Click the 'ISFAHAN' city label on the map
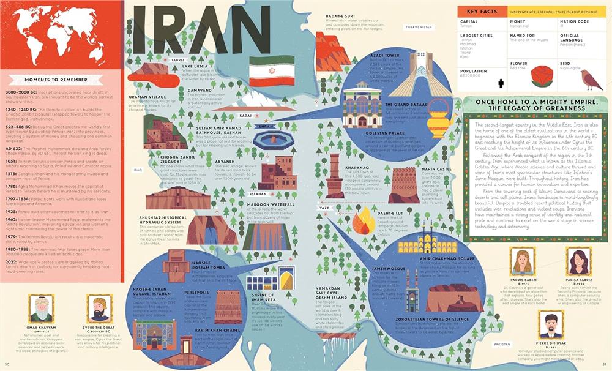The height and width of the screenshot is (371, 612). coord(258,193)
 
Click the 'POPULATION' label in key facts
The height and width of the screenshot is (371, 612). coord(473,70)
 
